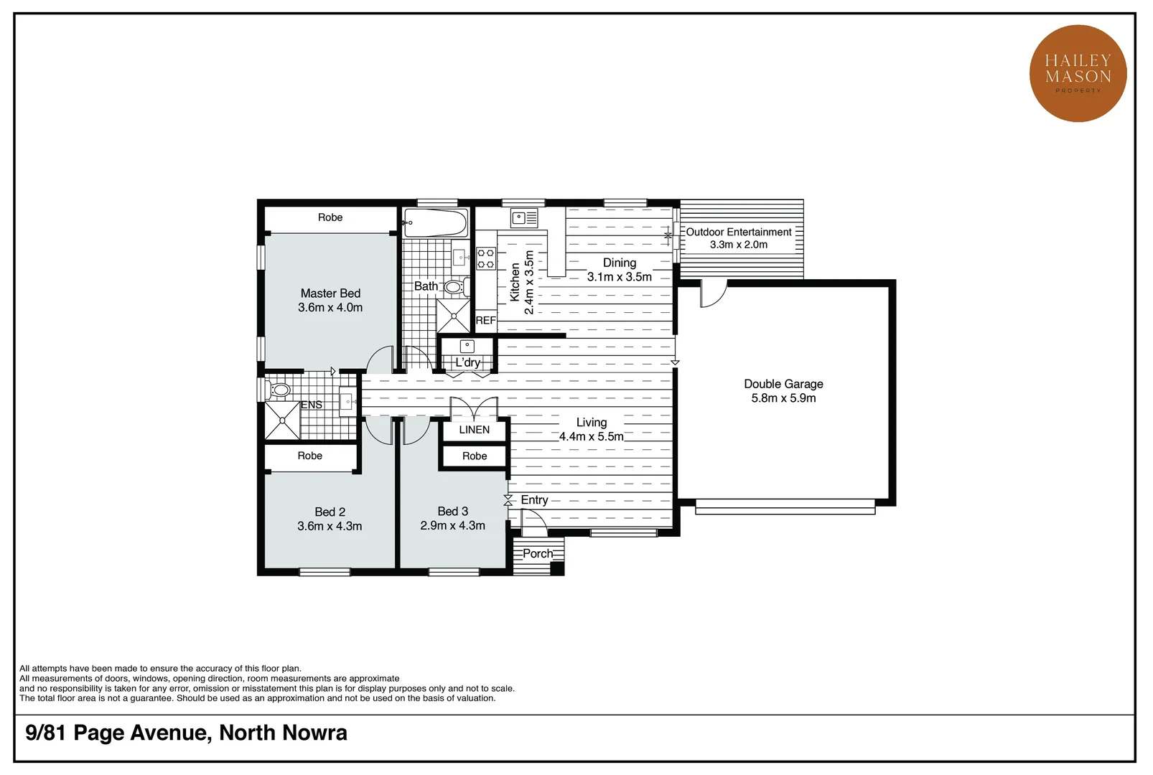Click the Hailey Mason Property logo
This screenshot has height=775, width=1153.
[1078, 73]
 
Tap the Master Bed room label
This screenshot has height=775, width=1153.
[330, 293]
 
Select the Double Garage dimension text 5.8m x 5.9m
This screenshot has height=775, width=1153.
[783, 398]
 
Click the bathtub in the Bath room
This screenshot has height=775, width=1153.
[435, 222]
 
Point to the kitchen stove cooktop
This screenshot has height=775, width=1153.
[486, 258]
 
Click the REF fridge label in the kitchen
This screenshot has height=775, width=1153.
[485, 321]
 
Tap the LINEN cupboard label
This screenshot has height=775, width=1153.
[474, 430]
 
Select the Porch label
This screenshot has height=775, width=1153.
[537, 553]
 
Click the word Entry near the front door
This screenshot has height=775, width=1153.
[534, 500]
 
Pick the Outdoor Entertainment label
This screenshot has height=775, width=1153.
[738, 232]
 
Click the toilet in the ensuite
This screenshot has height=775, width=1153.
[279, 390]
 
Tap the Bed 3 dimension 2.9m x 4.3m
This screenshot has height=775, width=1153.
[452, 526]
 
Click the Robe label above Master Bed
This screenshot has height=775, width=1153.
[330, 217]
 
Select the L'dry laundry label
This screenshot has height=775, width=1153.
[467, 362]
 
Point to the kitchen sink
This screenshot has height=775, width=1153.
[524, 217]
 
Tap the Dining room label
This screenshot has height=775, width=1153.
[619, 263]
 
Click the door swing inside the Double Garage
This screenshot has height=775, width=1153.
[712, 294]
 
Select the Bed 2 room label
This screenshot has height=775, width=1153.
[330, 512]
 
